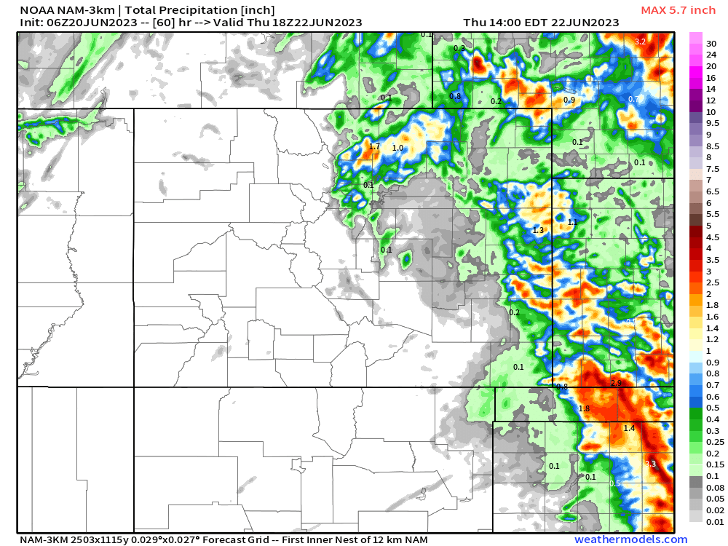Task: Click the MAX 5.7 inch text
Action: pos(678,10)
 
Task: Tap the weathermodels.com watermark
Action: pos(630,539)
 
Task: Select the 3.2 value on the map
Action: pos(641,41)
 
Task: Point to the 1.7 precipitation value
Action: pos(374,146)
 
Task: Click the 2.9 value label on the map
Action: pos(616,383)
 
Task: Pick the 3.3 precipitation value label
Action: pos(650,464)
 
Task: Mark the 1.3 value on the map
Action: pos(539,230)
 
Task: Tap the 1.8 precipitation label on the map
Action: pos(584,409)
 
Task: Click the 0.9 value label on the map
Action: pos(569,100)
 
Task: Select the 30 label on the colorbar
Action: pos(711,43)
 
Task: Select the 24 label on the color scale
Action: pos(711,55)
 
